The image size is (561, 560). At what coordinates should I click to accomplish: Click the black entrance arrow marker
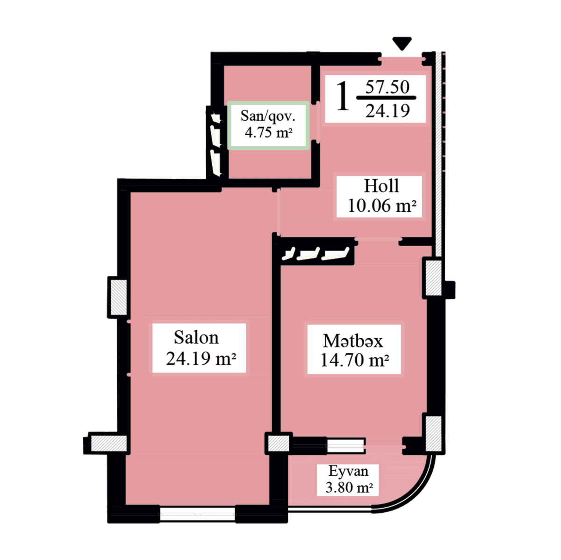(402, 44)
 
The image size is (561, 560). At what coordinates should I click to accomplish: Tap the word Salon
(196, 337)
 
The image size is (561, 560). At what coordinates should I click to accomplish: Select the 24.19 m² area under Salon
(201, 359)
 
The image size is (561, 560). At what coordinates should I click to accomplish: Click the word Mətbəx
(353, 341)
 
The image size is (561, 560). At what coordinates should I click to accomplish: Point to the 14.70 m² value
(355, 360)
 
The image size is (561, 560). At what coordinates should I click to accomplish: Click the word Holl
(381, 186)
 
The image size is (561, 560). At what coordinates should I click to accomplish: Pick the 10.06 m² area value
(381, 205)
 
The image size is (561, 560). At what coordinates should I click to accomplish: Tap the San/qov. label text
(268, 116)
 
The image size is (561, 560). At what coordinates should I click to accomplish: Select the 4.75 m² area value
(268, 132)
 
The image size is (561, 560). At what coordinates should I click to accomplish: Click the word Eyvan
(348, 471)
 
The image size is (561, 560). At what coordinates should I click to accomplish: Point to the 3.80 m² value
(349, 487)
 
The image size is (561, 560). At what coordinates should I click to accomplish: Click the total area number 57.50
(387, 87)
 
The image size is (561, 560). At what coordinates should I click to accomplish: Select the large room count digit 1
(343, 97)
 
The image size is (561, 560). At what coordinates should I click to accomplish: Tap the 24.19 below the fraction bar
(388, 111)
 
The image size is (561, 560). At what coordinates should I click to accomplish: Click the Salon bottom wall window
(197, 514)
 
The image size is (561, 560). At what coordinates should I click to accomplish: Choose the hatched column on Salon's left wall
(118, 297)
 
